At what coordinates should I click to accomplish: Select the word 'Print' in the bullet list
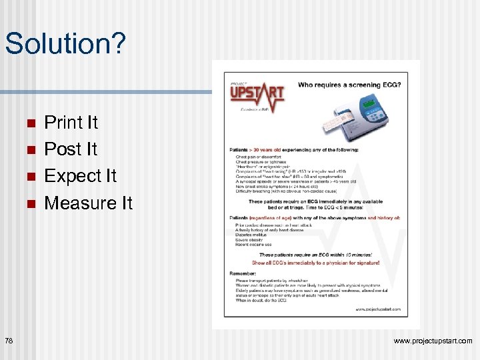[61, 123]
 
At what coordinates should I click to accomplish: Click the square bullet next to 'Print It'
[29, 123]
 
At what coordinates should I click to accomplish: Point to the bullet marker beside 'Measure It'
[29, 203]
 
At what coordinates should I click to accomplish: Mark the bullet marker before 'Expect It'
[29, 177]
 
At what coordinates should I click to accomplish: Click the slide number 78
[9, 341]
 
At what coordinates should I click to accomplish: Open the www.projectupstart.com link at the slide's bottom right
[433, 341]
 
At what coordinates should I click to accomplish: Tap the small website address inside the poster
[377, 309]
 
